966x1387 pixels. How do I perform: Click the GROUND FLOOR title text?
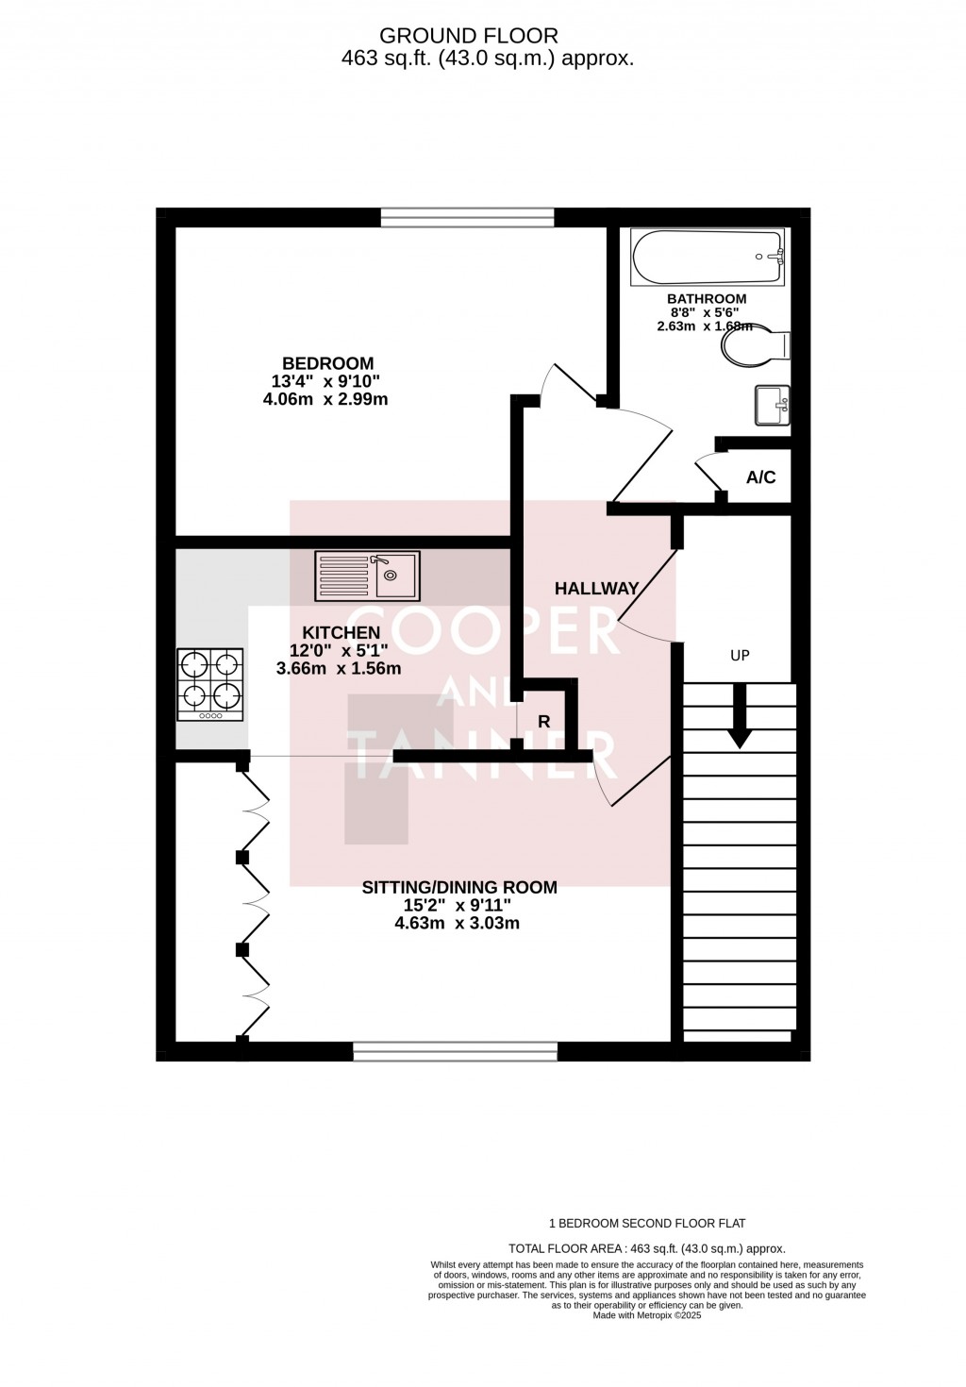(x=468, y=36)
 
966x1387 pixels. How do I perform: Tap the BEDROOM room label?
(x=327, y=363)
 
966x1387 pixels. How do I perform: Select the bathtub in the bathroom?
(x=708, y=258)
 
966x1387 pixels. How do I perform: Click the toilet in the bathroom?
(x=754, y=346)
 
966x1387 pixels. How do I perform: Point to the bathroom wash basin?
(x=772, y=405)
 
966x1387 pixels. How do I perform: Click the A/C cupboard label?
(x=760, y=477)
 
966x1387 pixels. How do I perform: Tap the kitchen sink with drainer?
(x=368, y=576)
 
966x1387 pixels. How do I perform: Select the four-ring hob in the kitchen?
(x=209, y=684)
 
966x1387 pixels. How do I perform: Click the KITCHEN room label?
(x=341, y=632)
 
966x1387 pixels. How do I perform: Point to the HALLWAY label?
(x=596, y=588)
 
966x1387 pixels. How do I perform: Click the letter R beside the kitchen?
(x=543, y=722)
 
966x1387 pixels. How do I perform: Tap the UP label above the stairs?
(x=740, y=655)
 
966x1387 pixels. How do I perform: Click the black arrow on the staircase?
(x=740, y=715)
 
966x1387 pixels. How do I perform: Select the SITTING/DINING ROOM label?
(x=459, y=887)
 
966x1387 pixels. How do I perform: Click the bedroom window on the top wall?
(x=467, y=218)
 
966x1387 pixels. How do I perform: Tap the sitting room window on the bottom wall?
(x=455, y=1051)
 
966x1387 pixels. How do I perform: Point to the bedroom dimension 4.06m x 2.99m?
(x=325, y=399)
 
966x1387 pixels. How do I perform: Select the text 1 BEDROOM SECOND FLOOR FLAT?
(x=646, y=1224)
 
